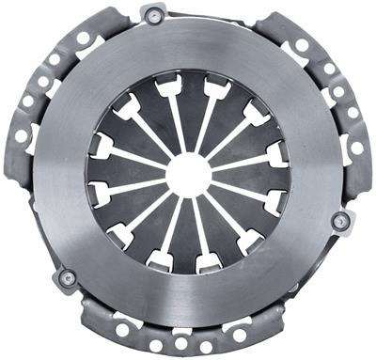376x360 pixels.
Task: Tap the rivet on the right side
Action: coord(341,221)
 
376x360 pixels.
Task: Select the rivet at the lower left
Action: coord(66,278)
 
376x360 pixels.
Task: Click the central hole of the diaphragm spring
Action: coord(188,174)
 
